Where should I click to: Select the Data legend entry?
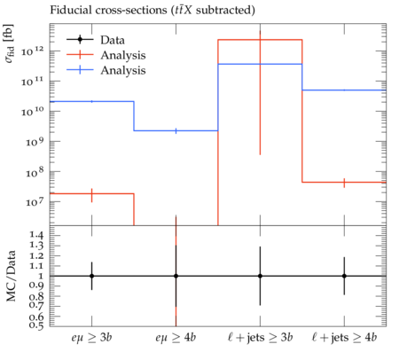[96, 40]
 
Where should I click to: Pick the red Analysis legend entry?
[106, 55]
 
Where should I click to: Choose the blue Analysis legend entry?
[106, 70]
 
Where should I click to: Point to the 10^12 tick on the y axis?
[33, 51]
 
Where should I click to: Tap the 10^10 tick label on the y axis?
[33, 112]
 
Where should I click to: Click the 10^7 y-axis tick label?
[35, 202]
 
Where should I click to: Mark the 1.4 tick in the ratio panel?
[36, 235]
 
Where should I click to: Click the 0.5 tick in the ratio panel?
[36, 325]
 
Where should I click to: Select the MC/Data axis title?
[12, 276]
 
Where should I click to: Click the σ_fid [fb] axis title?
[10, 43]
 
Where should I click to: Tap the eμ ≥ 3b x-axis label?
[91, 337]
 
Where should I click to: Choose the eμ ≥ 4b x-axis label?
[176, 337]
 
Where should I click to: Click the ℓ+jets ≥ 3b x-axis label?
[260, 337]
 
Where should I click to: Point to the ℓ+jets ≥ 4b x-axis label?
[344, 337]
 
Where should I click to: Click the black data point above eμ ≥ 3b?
[91, 276]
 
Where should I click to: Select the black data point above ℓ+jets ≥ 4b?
[344, 276]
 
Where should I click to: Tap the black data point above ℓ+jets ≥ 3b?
[260, 276]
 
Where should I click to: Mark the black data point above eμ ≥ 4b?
[176, 276]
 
